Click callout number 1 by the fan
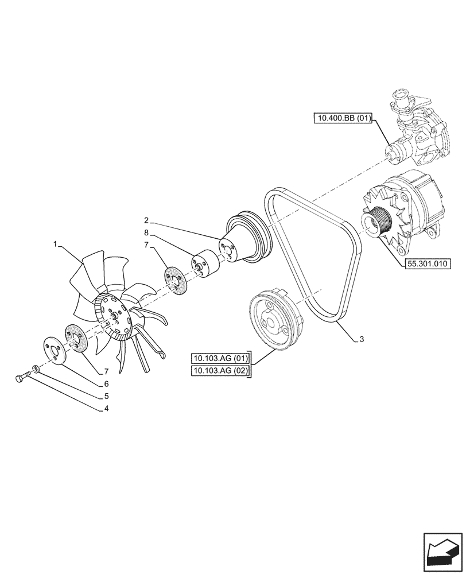(56, 244)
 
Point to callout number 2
(147, 220)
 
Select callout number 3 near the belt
(362, 340)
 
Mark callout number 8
(147, 233)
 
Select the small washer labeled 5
(36, 368)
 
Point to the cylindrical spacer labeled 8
(205, 265)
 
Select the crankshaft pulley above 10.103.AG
(273, 322)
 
